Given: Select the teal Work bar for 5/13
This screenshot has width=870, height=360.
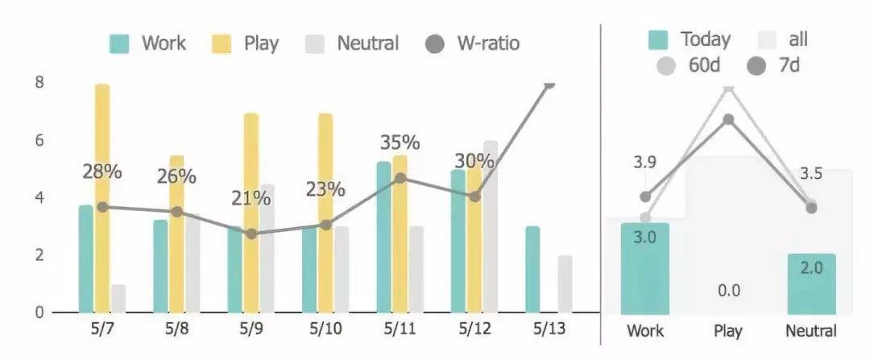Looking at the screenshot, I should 532,269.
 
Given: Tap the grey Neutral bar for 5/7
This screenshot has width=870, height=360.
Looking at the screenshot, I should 118,298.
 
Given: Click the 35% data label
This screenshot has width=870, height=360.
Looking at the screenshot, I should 400,143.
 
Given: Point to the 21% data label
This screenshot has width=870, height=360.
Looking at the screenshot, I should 251,197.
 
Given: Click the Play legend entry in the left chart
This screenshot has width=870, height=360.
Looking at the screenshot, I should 246,43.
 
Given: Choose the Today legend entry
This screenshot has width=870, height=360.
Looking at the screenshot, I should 690,39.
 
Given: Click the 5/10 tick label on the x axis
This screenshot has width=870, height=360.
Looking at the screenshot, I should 326,330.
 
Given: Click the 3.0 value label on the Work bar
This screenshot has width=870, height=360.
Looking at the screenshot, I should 644,237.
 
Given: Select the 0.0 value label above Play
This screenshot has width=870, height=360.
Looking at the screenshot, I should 728,291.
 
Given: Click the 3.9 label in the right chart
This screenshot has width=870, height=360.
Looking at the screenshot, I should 644,162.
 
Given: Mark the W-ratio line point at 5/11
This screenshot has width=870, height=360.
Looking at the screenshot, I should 400,178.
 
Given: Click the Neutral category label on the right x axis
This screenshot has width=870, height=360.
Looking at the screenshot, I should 811,331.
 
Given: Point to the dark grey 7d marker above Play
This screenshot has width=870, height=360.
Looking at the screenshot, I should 728,119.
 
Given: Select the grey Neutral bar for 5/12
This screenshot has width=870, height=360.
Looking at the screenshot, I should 490,226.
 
